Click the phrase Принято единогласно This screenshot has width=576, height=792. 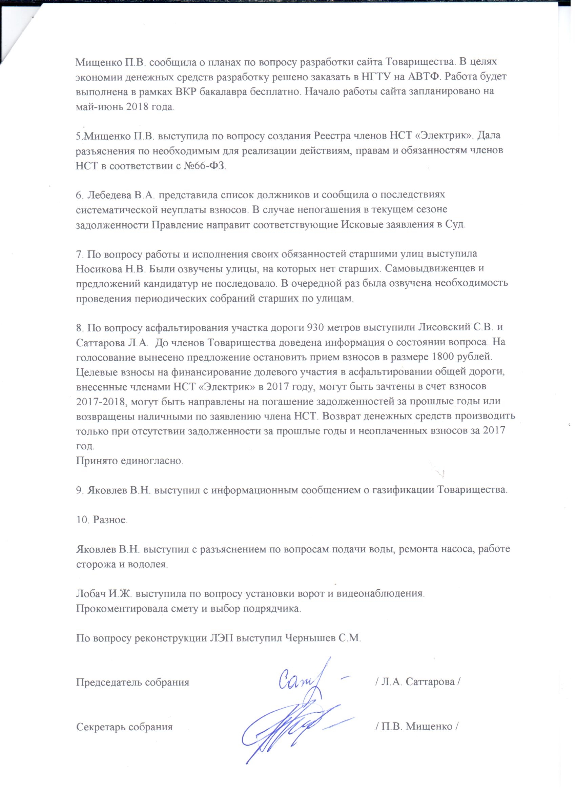point(129,461)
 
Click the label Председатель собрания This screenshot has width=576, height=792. point(133,682)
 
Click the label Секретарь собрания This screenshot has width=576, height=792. point(124,727)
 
